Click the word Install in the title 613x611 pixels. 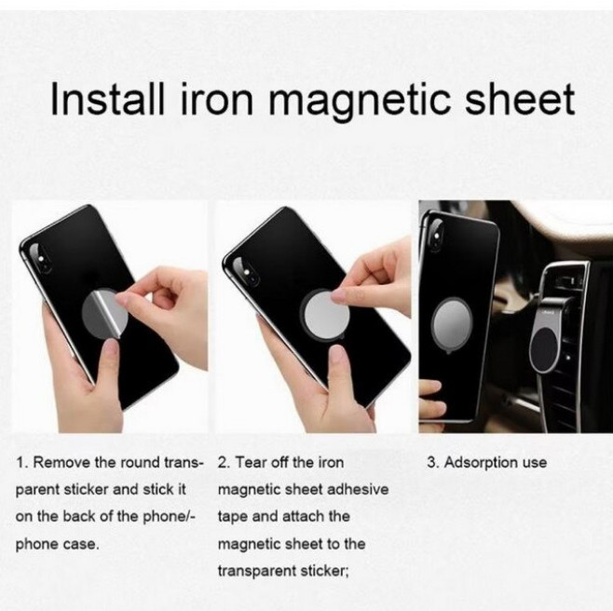(107, 98)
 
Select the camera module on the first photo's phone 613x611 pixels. (39, 258)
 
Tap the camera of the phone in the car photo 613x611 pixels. (435, 234)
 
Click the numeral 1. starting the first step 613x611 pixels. (21, 463)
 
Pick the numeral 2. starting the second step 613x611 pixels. (224, 463)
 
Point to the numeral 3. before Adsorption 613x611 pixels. (433, 463)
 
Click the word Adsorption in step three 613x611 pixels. (477, 464)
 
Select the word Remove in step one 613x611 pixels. (61, 463)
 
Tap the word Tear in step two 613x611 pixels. (251, 463)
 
